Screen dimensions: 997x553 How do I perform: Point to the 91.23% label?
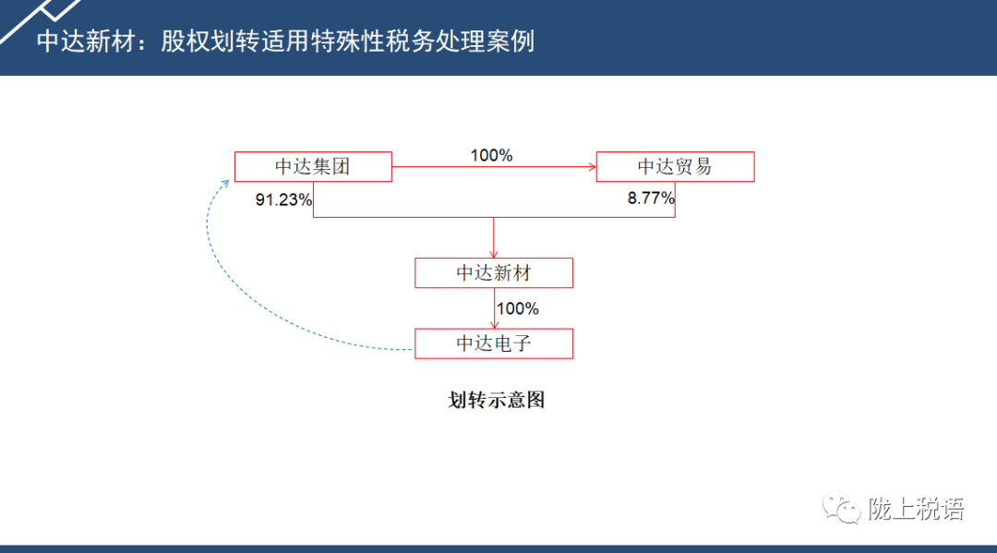pos(283,199)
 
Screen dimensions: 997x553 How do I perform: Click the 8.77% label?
pos(651,198)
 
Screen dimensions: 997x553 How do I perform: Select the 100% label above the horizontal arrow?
pos(491,155)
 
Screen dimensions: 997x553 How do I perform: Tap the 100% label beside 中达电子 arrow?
pos(518,309)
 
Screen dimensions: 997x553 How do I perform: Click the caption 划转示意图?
pos(496,400)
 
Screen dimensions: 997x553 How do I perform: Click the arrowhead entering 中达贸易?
pos(593,166)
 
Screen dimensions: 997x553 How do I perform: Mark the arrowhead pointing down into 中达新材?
pos(493,254)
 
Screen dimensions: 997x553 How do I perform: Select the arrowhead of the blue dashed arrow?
pos(224,184)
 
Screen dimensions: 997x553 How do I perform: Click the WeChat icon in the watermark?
pos(841,508)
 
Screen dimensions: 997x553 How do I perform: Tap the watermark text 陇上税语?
pos(917,509)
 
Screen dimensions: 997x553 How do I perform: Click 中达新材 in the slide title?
pos(86,42)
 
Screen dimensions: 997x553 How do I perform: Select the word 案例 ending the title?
pos(510,42)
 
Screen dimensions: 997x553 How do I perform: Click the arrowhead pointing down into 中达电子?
pos(494,325)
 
